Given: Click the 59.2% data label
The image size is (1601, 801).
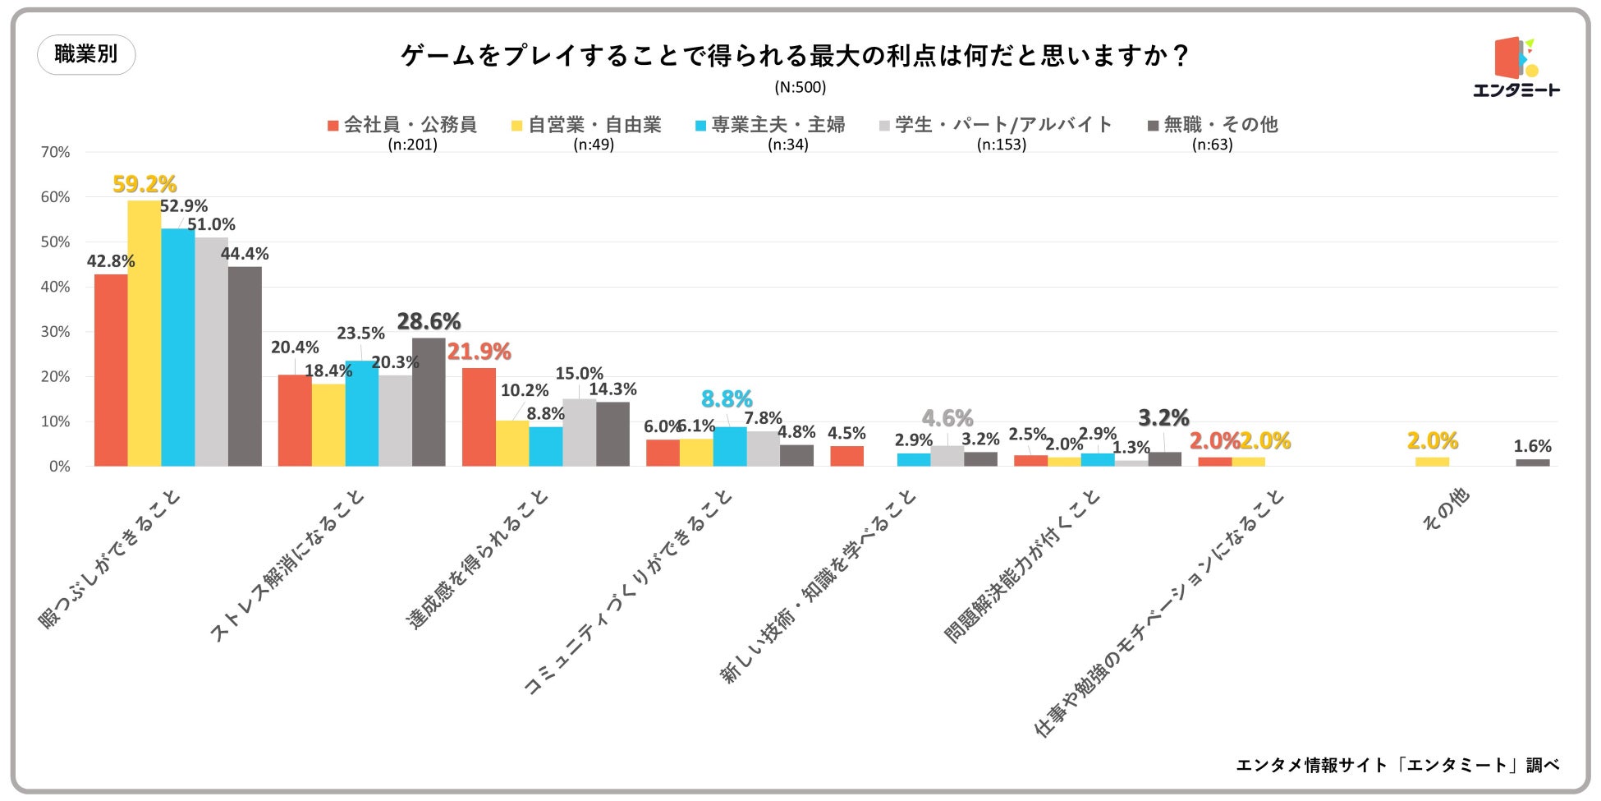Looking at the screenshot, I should (x=145, y=183).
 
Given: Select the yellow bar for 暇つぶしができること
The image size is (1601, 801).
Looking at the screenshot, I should (x=145, y=333).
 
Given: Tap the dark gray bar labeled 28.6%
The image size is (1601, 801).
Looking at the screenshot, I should (x=429, y=402).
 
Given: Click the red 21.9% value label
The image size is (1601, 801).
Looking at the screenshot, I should (x=479, y=352).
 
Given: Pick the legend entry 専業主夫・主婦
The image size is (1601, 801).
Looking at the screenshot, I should (x=769, y=125).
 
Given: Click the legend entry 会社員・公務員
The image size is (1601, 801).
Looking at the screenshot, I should (x=401, y=125).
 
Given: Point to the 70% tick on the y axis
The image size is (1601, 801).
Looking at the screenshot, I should (x=55, y=152).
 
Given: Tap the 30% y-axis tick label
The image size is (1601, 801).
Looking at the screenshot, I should (x=55, y=332).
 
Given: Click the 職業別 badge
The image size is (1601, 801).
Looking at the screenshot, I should (x=86, y=54).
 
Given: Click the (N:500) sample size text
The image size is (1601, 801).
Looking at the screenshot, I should (x=800, y=87).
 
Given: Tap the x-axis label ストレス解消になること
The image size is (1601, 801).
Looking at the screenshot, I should (x=287, y=567).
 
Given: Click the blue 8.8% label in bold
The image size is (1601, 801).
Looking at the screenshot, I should (x=727, y=399).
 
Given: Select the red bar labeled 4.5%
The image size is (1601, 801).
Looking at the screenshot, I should (x=846, y=456).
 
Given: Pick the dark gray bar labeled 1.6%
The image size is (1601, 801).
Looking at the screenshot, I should (x=1532, y=463).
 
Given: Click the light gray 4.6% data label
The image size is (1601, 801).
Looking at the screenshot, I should (x=947, y=418).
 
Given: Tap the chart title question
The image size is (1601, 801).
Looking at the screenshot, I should (x=795, y=56).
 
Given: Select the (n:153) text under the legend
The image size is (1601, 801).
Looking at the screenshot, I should (x=1002, y=145).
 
